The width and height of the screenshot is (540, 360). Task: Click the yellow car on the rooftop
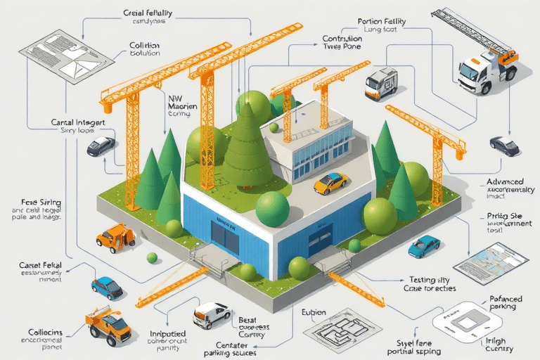point(330,184)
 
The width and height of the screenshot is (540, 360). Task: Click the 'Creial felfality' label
point(149,13)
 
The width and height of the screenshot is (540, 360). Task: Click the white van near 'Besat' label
point(212,315)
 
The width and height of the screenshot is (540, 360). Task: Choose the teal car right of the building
point(424,245)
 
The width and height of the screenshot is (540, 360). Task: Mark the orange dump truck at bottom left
point(108,324)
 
